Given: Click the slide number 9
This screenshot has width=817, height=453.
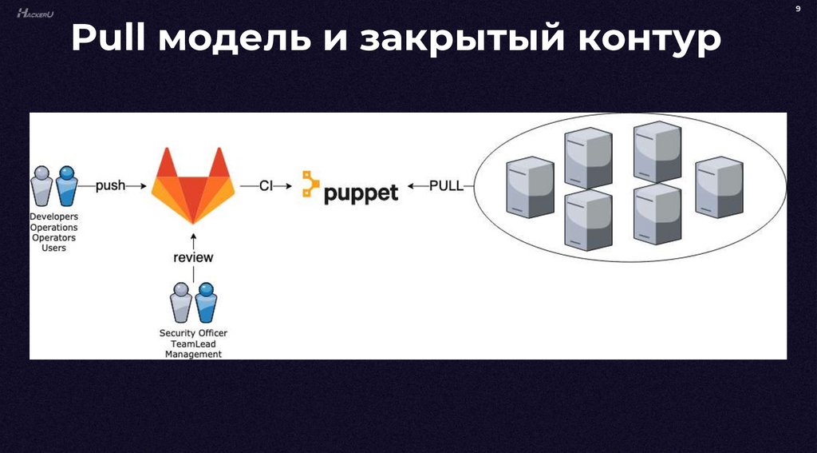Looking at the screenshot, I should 797,8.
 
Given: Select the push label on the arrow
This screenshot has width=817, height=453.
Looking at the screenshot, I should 110,185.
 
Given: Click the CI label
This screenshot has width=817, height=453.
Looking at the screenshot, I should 266,185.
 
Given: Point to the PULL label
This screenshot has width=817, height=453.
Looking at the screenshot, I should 444,185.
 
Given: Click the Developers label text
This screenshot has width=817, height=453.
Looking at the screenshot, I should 53,217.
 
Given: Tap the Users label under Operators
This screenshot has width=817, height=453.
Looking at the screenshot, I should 53,248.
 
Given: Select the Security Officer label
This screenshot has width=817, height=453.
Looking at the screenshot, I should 193,333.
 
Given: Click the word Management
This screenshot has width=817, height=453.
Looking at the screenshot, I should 193,354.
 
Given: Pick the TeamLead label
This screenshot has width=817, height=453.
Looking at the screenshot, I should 193,344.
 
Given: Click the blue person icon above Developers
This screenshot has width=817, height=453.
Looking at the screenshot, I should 67,186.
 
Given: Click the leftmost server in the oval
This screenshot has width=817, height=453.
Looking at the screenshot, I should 530,189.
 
